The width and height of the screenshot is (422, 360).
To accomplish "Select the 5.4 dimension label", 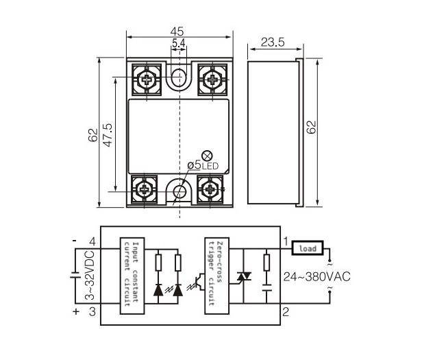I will [179, 43].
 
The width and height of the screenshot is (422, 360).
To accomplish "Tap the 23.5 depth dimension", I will [271, 42].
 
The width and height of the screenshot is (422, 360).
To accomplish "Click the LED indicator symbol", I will [207, 154].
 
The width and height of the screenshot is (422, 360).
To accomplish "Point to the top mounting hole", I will [179, 75].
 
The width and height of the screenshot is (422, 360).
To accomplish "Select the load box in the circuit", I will [306, 248].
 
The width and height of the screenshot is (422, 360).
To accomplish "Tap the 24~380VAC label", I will [316, 276].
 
